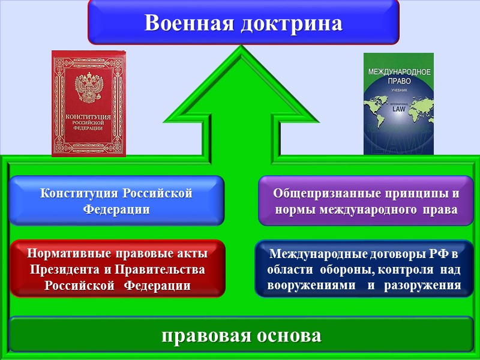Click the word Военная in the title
(x=189, y=23)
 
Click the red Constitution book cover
(x=89, y=103)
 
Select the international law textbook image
(x=398, y=103)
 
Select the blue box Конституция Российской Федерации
(x=116, y=201)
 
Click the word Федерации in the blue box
(x=116, y=209)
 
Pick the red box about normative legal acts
(x=118, y=268)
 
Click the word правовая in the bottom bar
(x=200, y=335)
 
